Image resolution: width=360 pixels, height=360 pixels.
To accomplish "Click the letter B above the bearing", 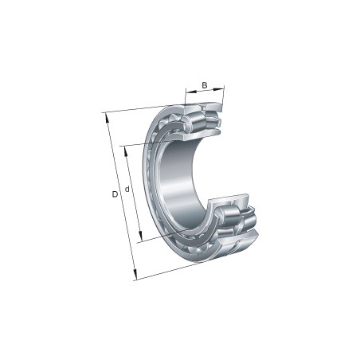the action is click(x=205, y=85).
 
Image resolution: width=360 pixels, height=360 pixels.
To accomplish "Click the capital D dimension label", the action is click(x=115, y=194).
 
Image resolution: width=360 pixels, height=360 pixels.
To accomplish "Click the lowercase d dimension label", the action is click(x=127, y=189).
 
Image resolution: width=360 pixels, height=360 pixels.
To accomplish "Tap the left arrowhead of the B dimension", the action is click(x=191, y=92).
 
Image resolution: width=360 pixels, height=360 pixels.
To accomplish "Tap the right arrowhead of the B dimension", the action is click(x=219, y=88).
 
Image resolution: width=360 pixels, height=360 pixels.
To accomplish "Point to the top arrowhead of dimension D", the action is click(x=107, y=117).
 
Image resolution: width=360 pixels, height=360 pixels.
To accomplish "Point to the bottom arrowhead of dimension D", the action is click(x=135, y=275).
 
